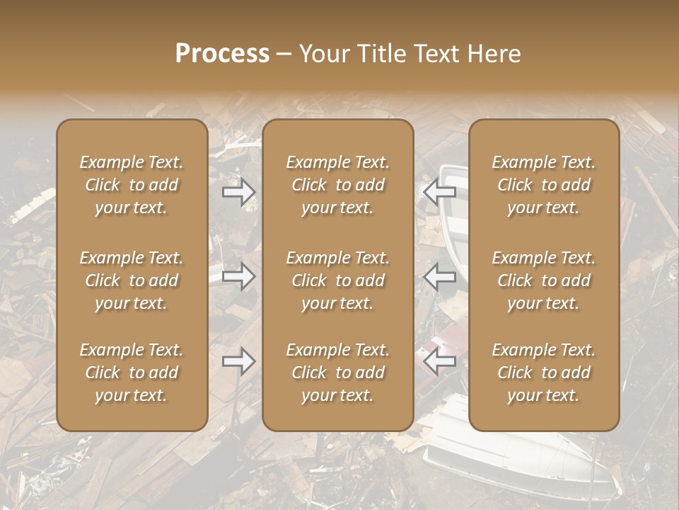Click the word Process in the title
tap(222, 54)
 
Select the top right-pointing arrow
tap(239, 192)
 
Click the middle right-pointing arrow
tap(239, 276)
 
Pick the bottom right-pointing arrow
tap(239, 361)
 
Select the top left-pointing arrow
tap(440, 192)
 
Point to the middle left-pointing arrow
tap(440, 276)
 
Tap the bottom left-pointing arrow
tap(440, 361)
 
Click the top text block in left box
tap(132, 185)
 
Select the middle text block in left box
tap(132, 280)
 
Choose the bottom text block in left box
tap(132, 373)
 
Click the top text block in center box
tap(338, 185)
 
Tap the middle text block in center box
tap(338, 280)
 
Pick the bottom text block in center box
tap(338, 373)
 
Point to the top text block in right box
tap(544, 185)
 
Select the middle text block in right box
tap(544, 280)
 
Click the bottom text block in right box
tap(544, 373)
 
